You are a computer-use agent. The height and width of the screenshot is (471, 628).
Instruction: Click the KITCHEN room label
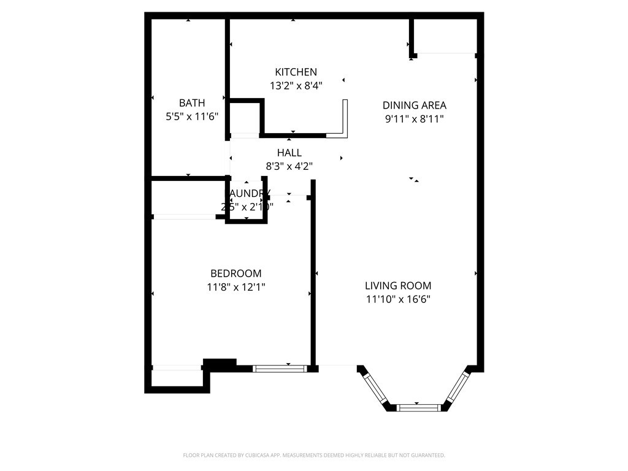(296, 72)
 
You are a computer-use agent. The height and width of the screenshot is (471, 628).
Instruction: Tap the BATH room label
(192, 102)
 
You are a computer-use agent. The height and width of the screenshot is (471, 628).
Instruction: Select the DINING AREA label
(414, 105)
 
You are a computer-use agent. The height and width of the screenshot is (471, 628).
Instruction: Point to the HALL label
(289, 153)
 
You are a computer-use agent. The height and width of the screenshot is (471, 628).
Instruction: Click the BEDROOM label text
(235, 273)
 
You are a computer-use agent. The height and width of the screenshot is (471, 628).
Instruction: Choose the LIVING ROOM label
(397, 285)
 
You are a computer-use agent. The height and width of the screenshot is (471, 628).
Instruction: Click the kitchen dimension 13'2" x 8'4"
(296, 86)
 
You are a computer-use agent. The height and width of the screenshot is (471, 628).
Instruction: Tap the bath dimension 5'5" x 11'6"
(192, 116)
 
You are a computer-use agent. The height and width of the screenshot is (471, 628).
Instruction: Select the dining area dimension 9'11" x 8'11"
(414, 119)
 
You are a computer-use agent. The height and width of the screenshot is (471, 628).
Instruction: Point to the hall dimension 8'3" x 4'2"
(289, 166)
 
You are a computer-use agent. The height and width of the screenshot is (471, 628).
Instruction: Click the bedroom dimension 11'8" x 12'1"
(235, 286)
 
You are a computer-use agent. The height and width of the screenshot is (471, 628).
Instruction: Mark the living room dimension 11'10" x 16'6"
(397, 299)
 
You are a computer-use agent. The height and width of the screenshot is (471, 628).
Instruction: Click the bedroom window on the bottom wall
(280, 369)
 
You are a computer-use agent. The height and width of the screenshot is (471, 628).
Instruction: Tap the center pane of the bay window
(419, 407)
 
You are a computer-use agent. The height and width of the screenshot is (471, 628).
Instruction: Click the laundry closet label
(247, 194)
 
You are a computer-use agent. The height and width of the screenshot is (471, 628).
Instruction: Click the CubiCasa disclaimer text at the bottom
(313, 455)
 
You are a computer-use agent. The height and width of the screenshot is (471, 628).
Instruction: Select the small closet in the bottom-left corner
(177, 378)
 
